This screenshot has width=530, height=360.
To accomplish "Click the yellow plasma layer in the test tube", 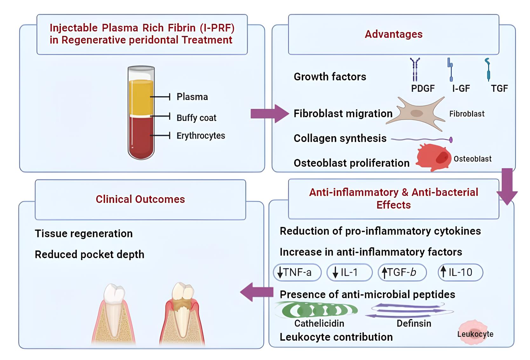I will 141,97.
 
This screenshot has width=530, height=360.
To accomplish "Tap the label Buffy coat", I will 196,118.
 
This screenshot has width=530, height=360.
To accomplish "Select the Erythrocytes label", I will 200,136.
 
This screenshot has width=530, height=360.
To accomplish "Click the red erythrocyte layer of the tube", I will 141,137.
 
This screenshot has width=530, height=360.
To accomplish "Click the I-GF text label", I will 461,89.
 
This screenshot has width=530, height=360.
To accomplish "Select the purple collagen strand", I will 421,139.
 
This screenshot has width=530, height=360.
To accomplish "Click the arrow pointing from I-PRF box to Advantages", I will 268,113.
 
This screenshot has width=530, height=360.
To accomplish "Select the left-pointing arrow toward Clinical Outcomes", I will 256,292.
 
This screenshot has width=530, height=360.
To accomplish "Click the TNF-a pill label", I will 297,272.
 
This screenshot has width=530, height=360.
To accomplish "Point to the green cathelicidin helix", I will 316,310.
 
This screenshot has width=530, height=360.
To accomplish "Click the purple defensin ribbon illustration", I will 410,310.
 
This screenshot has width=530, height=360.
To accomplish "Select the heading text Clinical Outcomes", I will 140,199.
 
